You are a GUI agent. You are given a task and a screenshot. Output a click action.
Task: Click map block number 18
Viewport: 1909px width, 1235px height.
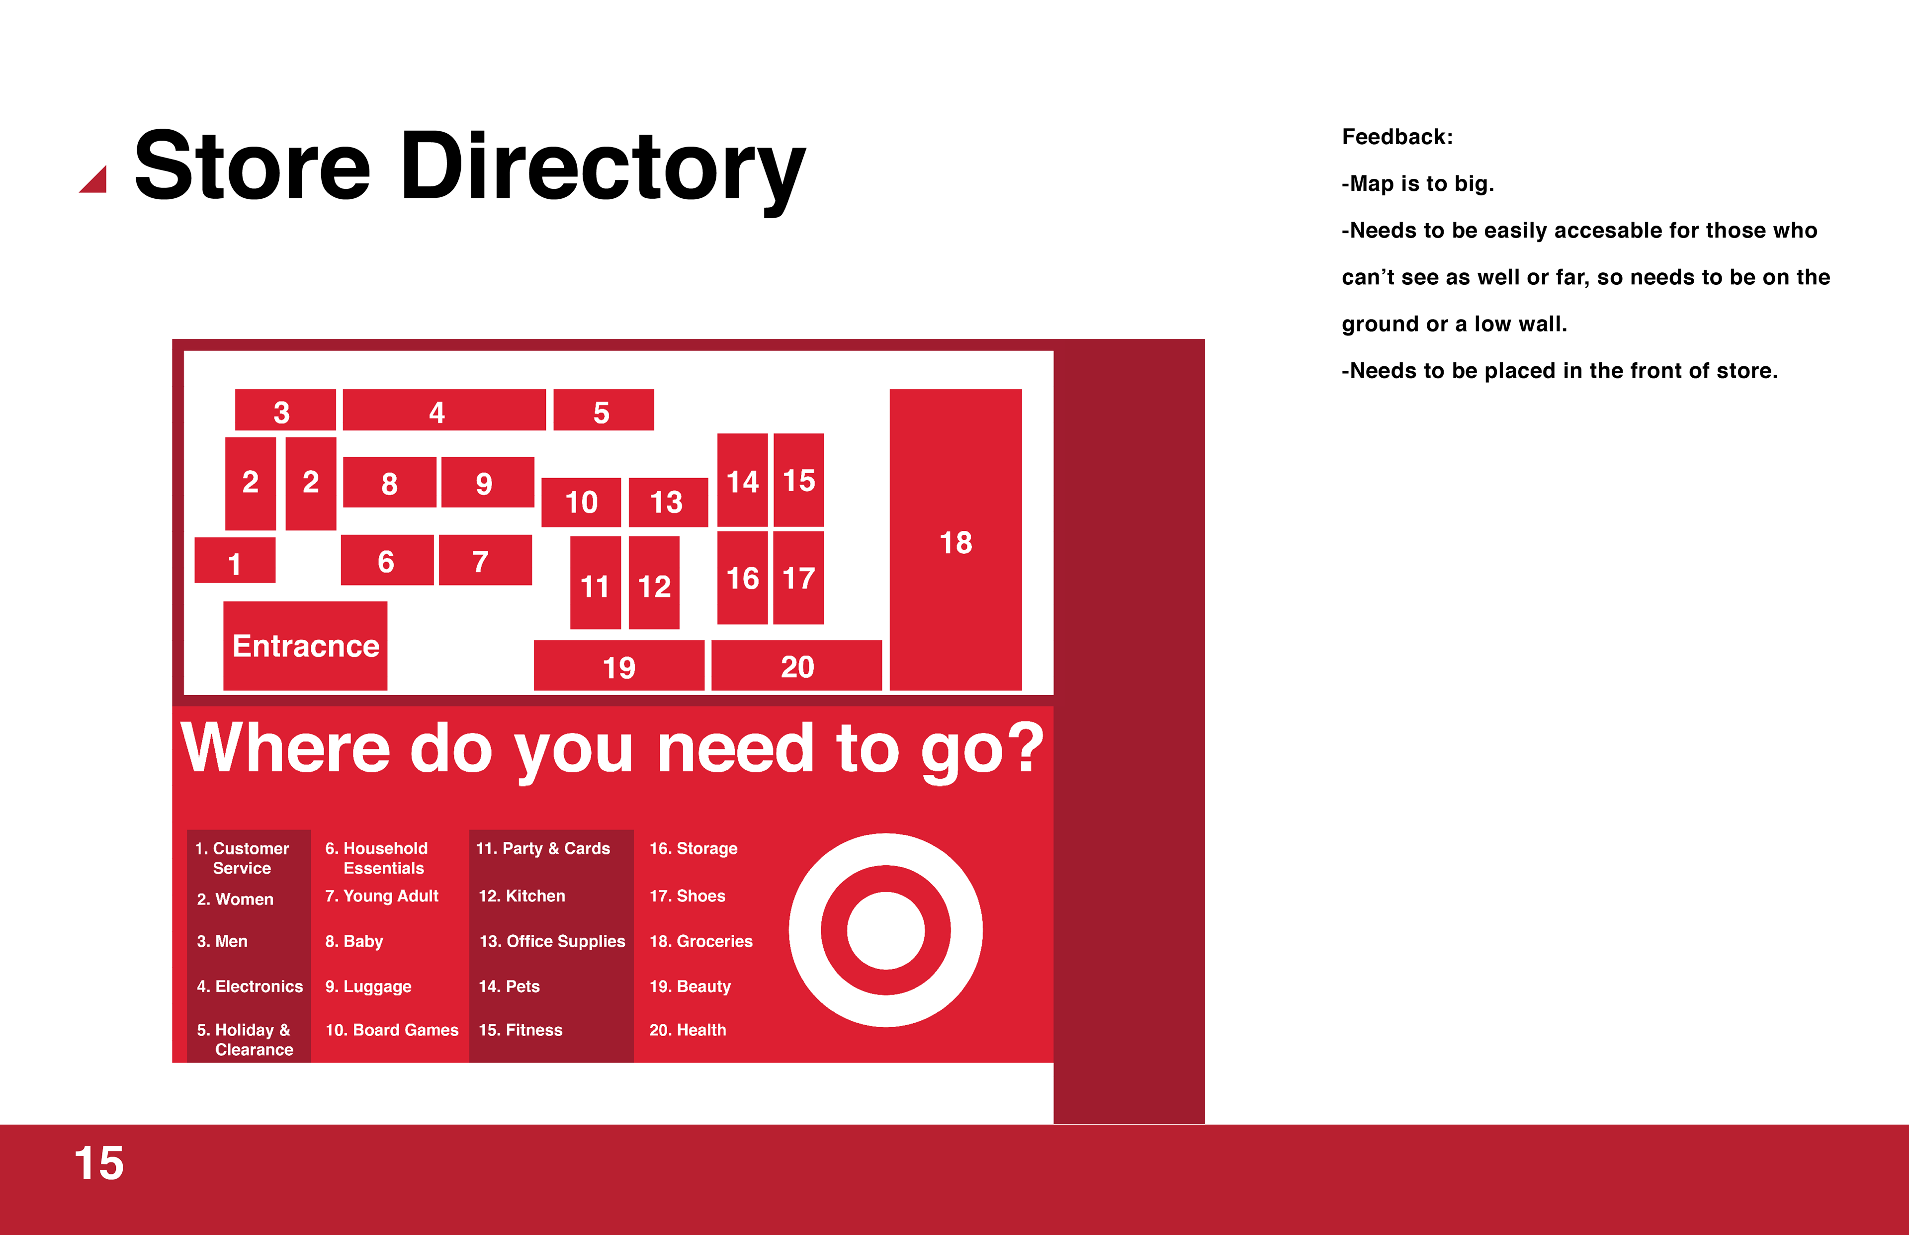955,540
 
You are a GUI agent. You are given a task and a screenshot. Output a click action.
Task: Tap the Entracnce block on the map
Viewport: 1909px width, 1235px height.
305,646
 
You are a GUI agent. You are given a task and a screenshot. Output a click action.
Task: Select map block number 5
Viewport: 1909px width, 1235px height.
603,410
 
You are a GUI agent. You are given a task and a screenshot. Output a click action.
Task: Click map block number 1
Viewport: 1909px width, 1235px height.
235,560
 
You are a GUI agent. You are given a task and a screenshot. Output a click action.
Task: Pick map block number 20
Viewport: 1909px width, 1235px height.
796,665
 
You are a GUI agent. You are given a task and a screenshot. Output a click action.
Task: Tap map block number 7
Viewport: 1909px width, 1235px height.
485,560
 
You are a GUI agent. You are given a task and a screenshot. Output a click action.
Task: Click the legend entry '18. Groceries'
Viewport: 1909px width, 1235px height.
701,941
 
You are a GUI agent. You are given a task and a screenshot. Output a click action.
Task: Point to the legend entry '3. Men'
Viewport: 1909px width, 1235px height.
222,941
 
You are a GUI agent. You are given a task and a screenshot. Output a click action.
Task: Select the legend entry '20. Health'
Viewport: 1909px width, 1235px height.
688,1030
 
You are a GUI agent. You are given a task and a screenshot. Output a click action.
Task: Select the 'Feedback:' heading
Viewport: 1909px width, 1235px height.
1397,137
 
